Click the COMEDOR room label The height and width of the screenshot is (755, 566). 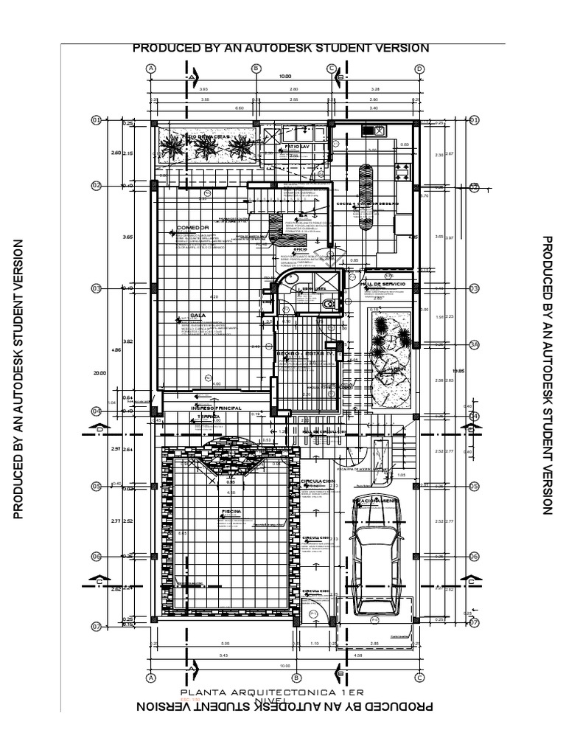click(x=193, y=227)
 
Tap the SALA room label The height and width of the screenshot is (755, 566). click(x=196, y=315)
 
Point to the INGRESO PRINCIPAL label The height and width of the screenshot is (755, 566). click(x=217, y=407)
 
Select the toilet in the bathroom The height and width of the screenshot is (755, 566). click(x=329, y=302)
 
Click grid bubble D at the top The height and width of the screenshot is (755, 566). click(x=419, y=69)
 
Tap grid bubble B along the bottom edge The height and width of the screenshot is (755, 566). click(x=296, y=678)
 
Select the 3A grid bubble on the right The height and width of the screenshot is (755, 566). click(x=474, y=344)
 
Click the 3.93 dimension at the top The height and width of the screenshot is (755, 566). click(x=204, y=90)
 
